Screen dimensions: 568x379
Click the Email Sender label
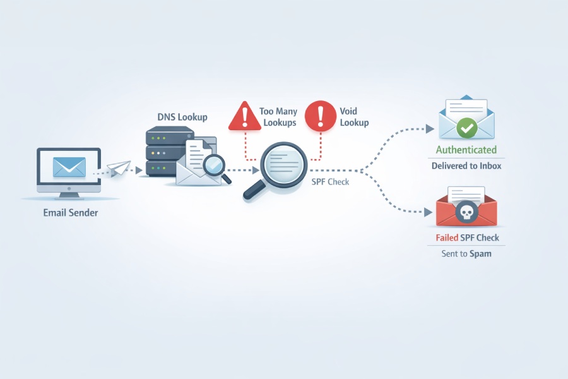click(71, 212)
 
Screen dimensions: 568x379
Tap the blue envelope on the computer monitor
click(69, 167)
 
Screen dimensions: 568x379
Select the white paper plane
click(119, 168)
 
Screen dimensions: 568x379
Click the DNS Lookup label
click(182, 117)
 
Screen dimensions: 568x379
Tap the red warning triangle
click(245, 116)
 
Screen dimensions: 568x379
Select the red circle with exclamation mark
click(321, 116)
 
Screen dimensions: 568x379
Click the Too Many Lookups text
click(278, 117)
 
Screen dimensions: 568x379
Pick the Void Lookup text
click(354, 117)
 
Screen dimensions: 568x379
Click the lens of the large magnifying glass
click(284, 164)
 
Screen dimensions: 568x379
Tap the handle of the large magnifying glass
click(254, 190)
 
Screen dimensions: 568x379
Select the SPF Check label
click(330, 182)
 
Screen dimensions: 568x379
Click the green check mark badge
click(466, 128)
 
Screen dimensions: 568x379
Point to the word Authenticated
click(466, 150)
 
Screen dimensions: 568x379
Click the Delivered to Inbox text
click(466, 165)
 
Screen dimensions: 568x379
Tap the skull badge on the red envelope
click(466, 212)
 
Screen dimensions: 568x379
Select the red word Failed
click(447, 238)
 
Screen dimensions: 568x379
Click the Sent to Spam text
click(466, 253)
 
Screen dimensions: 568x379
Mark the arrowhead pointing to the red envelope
click(428, 212)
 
